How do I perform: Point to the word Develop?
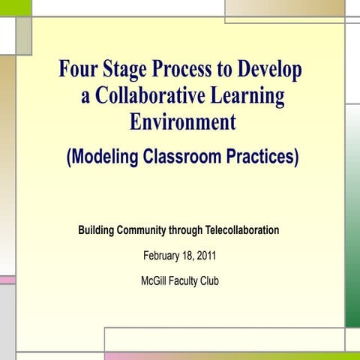coord(269,70)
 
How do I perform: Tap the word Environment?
coord(182,121)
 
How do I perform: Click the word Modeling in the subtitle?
coord(104,158)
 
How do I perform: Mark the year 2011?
coord(205,256)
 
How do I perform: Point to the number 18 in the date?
coord(186,256)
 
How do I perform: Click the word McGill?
coord(155,281)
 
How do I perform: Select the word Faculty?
coord(187,281)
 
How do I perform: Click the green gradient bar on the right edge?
coord(352,217)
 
